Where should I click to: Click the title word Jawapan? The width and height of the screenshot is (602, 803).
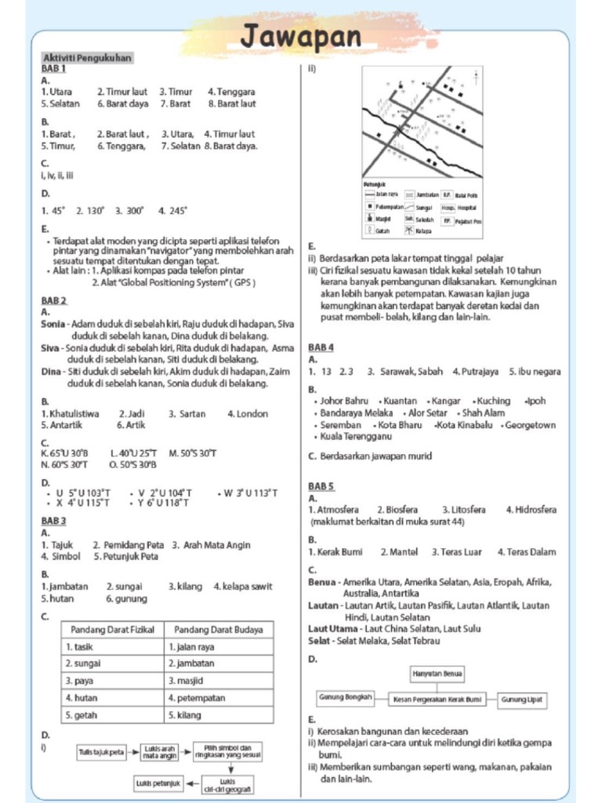(x=301, y=36)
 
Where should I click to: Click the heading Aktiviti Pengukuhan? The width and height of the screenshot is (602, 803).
(x=86, y=57)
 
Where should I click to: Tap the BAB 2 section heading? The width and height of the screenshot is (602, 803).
(x=54, y=300)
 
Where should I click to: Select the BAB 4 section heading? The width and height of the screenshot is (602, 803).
(x=321, y=347)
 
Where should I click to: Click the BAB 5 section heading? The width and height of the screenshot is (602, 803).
(x=321, y=486)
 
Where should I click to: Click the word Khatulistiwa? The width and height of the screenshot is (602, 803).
(x=74, y=413)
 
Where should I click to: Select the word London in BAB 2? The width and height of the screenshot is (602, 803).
(x=252, y=413)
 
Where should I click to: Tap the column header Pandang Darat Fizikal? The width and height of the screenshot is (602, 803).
(x=113, y=629)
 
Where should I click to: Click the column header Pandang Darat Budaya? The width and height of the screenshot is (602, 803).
(x=219, y=629)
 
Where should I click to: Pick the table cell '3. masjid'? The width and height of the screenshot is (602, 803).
(x=186, y=681)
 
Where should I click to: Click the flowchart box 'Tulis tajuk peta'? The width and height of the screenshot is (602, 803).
(x=101, y=754)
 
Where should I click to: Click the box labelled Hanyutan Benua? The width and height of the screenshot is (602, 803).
(x=437, y=674)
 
